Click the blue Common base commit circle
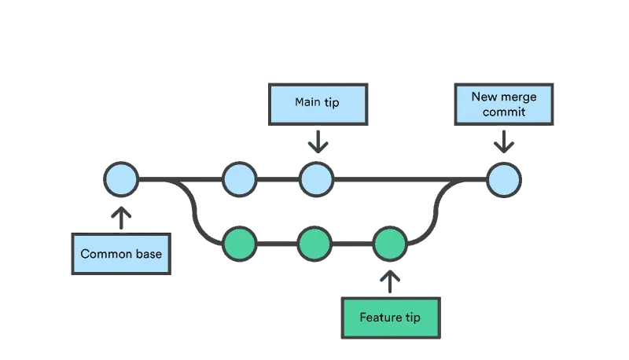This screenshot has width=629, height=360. tap(121, 179)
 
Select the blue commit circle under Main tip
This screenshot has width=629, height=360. tap(316, 179)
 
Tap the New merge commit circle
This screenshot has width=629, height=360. tap(503, 179)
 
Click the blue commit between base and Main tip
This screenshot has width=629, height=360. tap(239, 179)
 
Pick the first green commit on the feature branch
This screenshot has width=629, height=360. tap(239, 244)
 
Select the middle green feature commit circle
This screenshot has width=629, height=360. tap(314, 244)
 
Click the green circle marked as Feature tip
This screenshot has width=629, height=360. tap(389, 244)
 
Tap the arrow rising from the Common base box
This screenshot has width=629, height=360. tap(122, 217)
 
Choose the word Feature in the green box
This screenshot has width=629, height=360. tap(379, 318)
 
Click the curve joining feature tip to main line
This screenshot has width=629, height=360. tap(434, 211)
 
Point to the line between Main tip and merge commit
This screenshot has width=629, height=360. tap(409, 180)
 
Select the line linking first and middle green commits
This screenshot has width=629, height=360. tap(276, 245)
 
